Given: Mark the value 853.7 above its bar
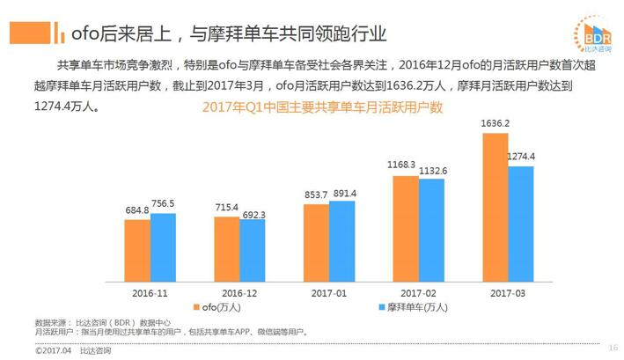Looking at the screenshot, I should coord(314,195).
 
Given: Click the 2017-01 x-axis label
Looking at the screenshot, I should coord(329,291).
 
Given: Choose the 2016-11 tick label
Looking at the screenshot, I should coord(150,291).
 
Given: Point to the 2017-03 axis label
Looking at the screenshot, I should coord(508,291).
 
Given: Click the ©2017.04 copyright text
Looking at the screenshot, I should coord(53,350).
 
